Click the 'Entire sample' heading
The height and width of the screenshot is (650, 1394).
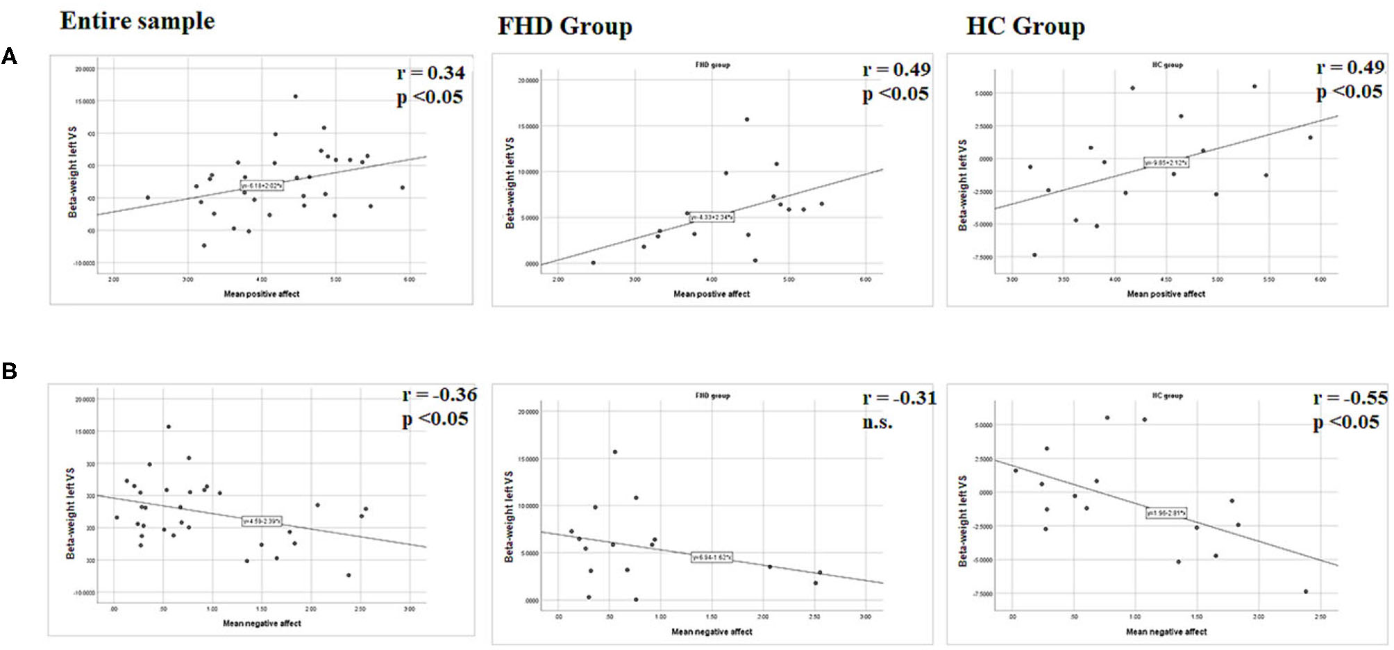137,21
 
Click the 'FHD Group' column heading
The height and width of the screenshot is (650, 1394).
564,26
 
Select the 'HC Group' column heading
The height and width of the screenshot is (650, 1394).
1025,26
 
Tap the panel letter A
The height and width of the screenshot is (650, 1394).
9,56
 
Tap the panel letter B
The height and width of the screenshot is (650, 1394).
9,371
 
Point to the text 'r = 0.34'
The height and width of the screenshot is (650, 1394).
430,73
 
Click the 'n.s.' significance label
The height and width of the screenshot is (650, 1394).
877,422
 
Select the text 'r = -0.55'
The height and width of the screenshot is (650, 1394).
1350,398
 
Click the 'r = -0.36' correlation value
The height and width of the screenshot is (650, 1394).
439,394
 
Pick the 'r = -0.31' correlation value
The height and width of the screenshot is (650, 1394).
899,398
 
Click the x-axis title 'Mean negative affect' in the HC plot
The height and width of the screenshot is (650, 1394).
1166,632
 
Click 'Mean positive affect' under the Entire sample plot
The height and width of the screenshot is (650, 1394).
261,294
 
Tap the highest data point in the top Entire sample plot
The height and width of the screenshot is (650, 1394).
295,97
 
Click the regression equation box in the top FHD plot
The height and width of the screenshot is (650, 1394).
711,217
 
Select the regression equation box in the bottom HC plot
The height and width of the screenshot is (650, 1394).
1166,513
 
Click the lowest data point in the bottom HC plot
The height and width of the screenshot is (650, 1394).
1305,592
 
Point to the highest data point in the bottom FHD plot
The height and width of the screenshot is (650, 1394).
614,452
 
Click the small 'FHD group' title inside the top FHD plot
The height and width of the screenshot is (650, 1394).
712,65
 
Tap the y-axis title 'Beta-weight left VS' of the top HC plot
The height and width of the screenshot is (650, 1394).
962,185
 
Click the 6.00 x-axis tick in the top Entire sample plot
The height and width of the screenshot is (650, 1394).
409,280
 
